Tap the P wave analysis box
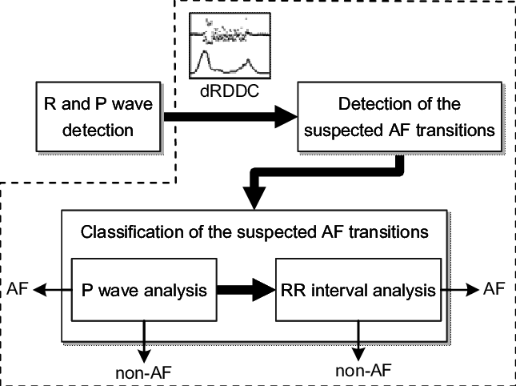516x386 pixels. [x=144, y=289]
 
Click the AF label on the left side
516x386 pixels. [x=18, y=288]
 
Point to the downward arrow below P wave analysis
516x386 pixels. [x=144, y=340]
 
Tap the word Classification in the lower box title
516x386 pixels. [x=123, y=233]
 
